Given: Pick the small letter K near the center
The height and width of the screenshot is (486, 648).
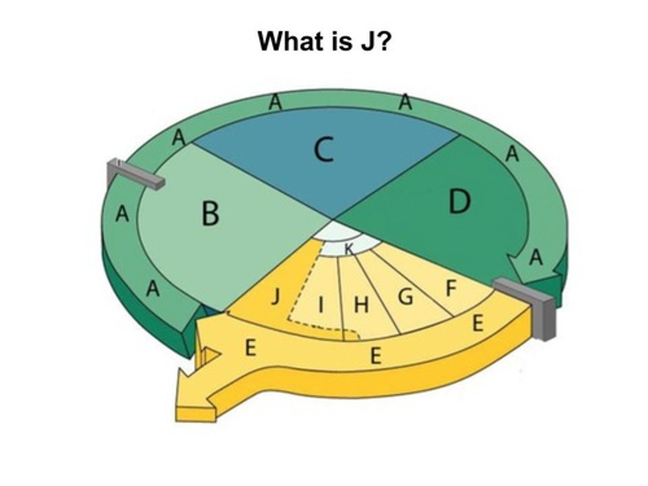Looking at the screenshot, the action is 349,248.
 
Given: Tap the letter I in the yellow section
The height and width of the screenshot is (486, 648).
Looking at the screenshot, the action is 321,305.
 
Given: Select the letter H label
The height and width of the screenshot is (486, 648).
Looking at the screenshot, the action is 361,306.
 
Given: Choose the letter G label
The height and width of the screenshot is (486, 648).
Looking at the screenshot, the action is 406,297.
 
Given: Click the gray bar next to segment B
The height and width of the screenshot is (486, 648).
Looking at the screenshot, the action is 135,174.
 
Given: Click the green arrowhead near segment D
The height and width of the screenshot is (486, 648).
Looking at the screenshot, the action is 531,270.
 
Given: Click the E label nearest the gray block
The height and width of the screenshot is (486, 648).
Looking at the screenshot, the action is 478,323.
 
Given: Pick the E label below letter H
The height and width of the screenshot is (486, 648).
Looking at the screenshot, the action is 375,356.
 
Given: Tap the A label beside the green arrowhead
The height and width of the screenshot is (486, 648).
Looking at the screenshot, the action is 535,258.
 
